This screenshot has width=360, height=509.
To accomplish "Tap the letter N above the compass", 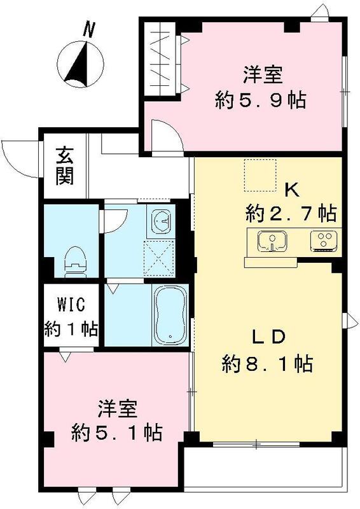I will [x=89, y=29].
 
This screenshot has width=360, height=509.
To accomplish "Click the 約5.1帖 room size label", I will [x=116, y=433].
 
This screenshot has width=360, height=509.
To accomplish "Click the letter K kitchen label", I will [x=291, y=189].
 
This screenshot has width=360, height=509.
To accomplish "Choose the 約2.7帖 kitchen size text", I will [x=291, y=213].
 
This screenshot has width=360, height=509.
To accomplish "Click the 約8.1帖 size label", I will [x=266, y=364].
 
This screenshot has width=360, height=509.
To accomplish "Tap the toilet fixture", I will [x=76, y=259].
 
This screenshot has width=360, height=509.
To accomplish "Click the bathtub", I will [x=169, y=315].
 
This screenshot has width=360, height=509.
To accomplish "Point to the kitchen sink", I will [x=273, y=241].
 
